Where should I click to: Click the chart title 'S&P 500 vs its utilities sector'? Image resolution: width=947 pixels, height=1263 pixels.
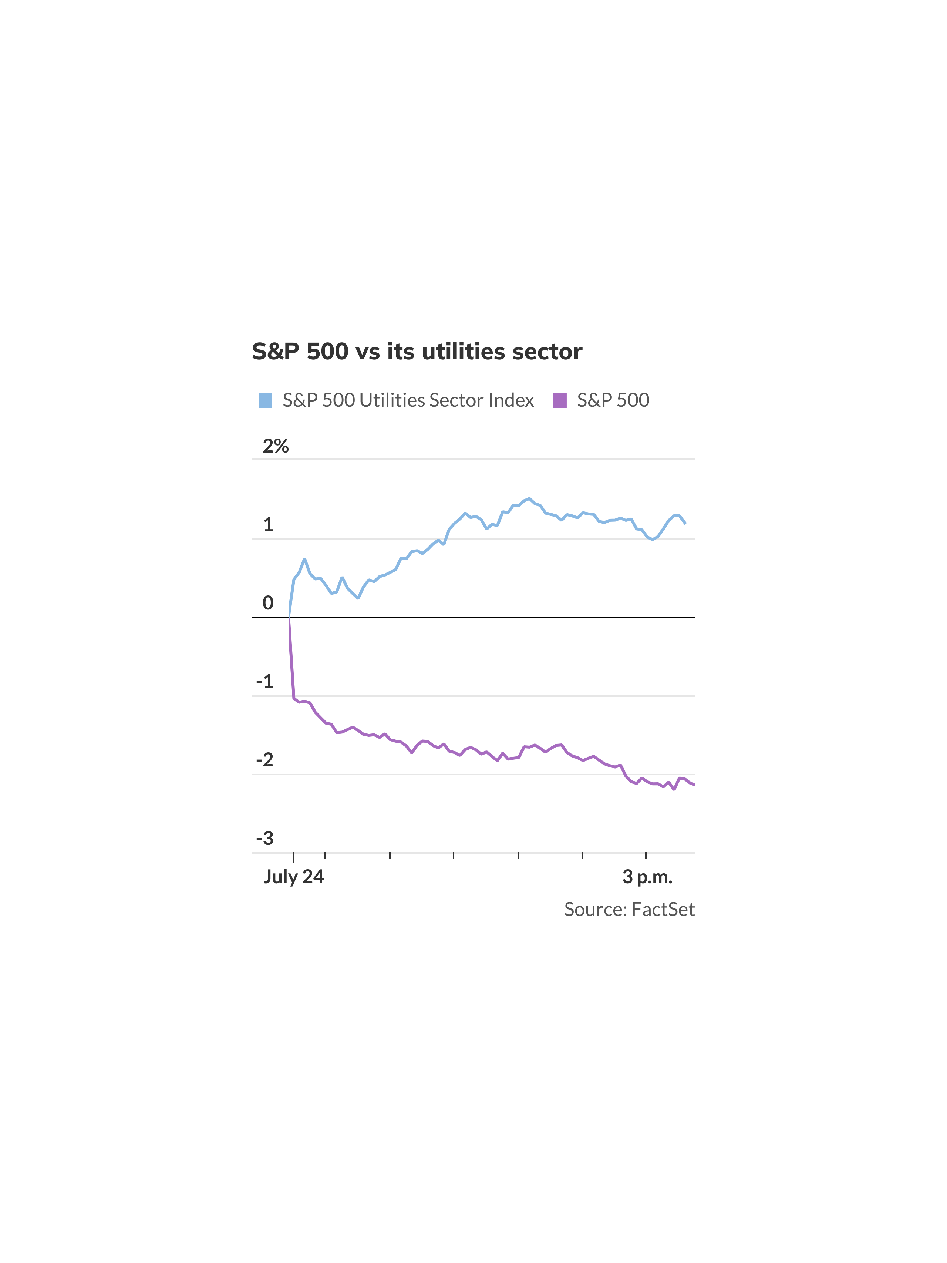(x=417, y=352)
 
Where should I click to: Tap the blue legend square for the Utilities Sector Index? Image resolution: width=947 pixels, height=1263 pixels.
(x=266, y=400)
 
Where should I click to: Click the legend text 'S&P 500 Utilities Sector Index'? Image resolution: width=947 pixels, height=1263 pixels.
(x=408, y=400)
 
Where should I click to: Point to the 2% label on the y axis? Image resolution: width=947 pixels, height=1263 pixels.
(x=275, y=446)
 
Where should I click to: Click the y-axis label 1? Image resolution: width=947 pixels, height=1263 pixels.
(x=268, y=525)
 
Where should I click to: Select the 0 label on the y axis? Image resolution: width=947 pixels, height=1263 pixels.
(x=268, y=603)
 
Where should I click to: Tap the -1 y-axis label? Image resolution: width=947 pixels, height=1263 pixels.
(x=265, y=682)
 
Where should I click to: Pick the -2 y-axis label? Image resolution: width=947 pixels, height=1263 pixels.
(x=265, y=760)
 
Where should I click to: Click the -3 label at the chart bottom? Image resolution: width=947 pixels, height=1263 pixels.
(x=265, y=838)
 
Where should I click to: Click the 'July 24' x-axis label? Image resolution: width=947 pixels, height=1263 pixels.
(x=293, y=876)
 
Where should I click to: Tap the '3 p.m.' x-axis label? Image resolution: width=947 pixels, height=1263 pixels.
(x=647, y=876)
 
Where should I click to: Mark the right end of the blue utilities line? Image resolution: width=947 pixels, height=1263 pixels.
(x=685, y=523)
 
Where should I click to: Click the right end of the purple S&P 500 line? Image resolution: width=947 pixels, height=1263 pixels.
(x=694, y=785)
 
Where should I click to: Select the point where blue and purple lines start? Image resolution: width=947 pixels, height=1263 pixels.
(x=289, y=617)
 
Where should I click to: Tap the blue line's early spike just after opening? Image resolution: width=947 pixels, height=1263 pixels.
(x=304, y=559)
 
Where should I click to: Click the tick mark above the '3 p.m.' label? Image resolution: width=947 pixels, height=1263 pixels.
(x=646, y=855)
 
